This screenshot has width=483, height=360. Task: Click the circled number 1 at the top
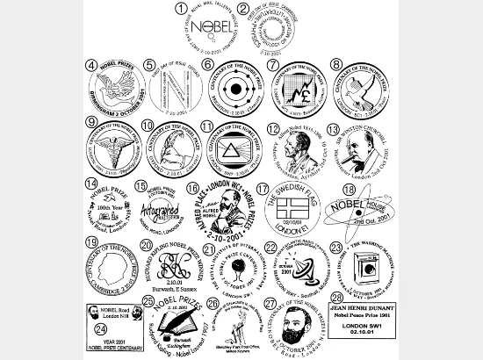pos(181,10)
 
